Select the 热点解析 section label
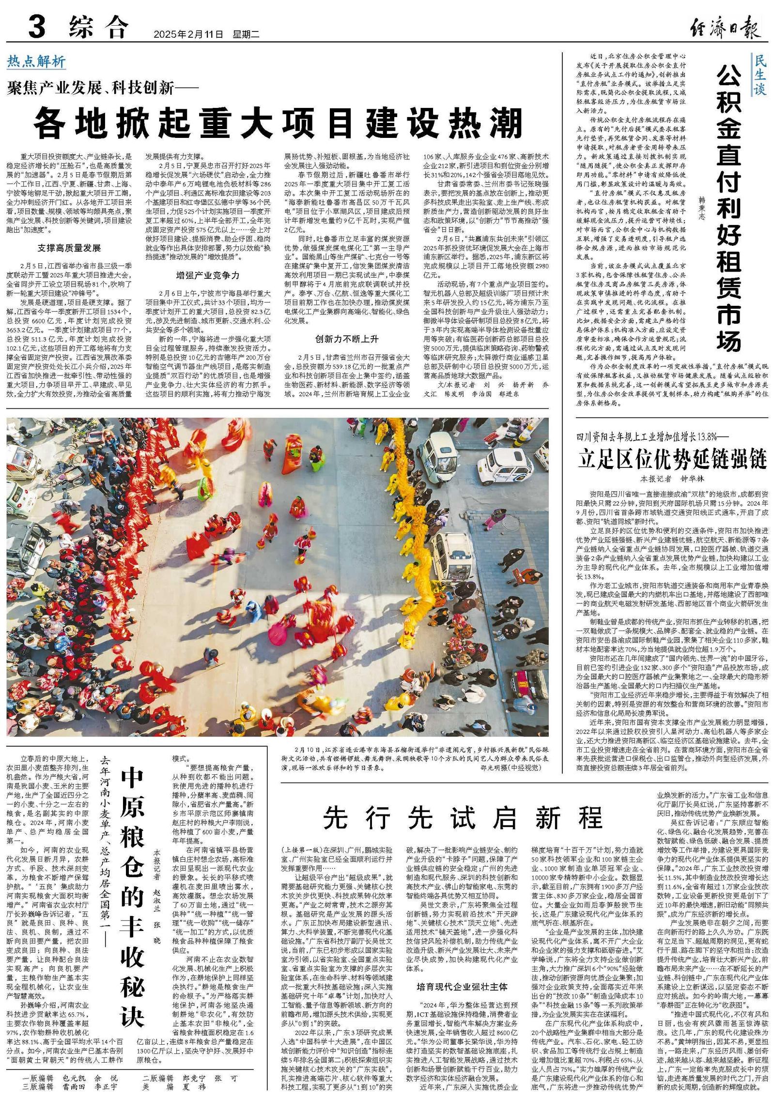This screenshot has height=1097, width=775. (x=36, y=61)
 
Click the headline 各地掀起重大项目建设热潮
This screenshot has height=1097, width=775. (x=279, y=123)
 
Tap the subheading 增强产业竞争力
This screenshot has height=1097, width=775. (x=208, y=275)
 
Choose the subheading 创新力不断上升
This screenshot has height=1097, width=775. (x=347, y=338)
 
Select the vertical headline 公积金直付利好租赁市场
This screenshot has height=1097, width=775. (x=729, y=208)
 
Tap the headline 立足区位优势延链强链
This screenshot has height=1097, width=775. (x=672, y=459)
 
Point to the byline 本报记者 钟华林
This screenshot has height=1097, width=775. (x=672, y=479)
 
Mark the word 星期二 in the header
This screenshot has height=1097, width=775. (x=246, y=34)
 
